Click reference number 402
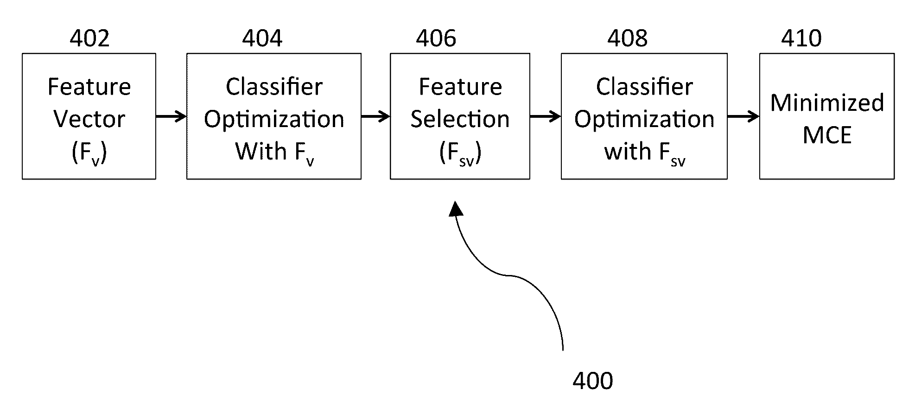[89, 38]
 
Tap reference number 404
[262, 38]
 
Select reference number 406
[436, 38]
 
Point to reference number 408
[627, 38]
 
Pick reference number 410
[801, 38]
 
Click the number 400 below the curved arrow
[592, 381]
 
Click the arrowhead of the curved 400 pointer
[456, 208]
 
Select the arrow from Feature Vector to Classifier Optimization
[171, 116]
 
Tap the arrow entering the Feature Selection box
[375, 116]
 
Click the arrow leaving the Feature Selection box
[545, 116]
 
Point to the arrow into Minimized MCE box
[743, 116]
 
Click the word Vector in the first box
[89, 119]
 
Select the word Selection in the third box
[460, 119]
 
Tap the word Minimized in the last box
[827, 103]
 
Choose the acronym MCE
[827, 135]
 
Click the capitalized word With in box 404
[261, 151]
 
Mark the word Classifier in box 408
[644, 87]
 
